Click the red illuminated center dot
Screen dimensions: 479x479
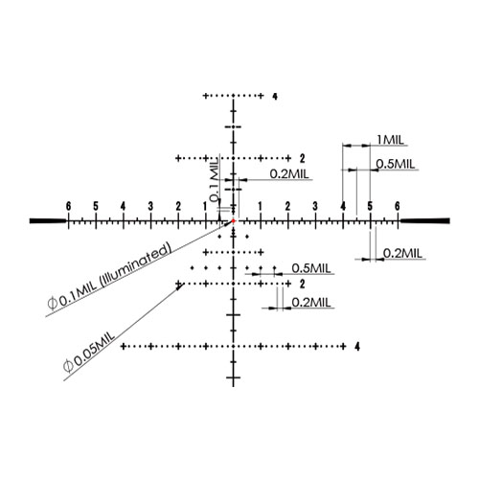(234, 220)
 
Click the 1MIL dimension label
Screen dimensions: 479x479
(390, 140)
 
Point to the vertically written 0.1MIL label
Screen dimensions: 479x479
(215, 180)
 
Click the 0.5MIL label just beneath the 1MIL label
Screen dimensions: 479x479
(396, 164)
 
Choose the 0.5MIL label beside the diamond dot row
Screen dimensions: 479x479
(311, 268)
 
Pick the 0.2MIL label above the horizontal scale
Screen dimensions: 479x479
(289, 174)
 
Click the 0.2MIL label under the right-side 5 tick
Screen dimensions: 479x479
(402, 254)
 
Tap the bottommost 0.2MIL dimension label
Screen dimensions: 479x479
(311, 303)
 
